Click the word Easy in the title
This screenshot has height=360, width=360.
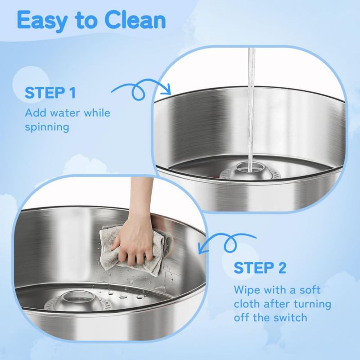(41, 21)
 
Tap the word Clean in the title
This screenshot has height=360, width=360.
(135, 20)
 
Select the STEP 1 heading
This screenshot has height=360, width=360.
(50, 93)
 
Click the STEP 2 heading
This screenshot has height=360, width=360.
(260, 268)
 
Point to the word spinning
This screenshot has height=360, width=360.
(47, 127)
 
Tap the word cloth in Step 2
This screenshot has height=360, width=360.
(247, 304)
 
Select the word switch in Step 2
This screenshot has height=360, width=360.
(290, 318)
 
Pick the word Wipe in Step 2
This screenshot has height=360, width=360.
(247, 290)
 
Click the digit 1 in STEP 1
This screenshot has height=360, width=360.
(73, 93)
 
